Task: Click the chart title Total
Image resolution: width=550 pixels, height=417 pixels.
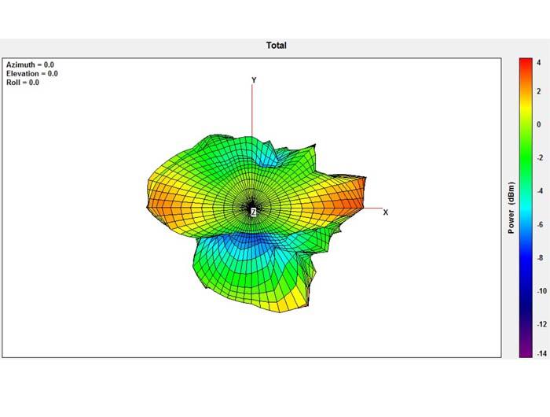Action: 277,46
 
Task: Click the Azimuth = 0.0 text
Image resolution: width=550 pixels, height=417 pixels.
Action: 30,65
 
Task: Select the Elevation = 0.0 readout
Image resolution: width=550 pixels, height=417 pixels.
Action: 32,73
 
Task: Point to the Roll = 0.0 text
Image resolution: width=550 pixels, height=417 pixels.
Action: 23,82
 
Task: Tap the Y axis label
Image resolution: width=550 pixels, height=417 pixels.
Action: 254,80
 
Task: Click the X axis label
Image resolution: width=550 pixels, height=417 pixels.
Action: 386,212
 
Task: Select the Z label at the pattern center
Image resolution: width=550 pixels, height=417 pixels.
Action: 253,212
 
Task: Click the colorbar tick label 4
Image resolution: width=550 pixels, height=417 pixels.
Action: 539,62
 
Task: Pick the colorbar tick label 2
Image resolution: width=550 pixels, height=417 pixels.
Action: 539,91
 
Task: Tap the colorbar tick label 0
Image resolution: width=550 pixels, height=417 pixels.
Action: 539,124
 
